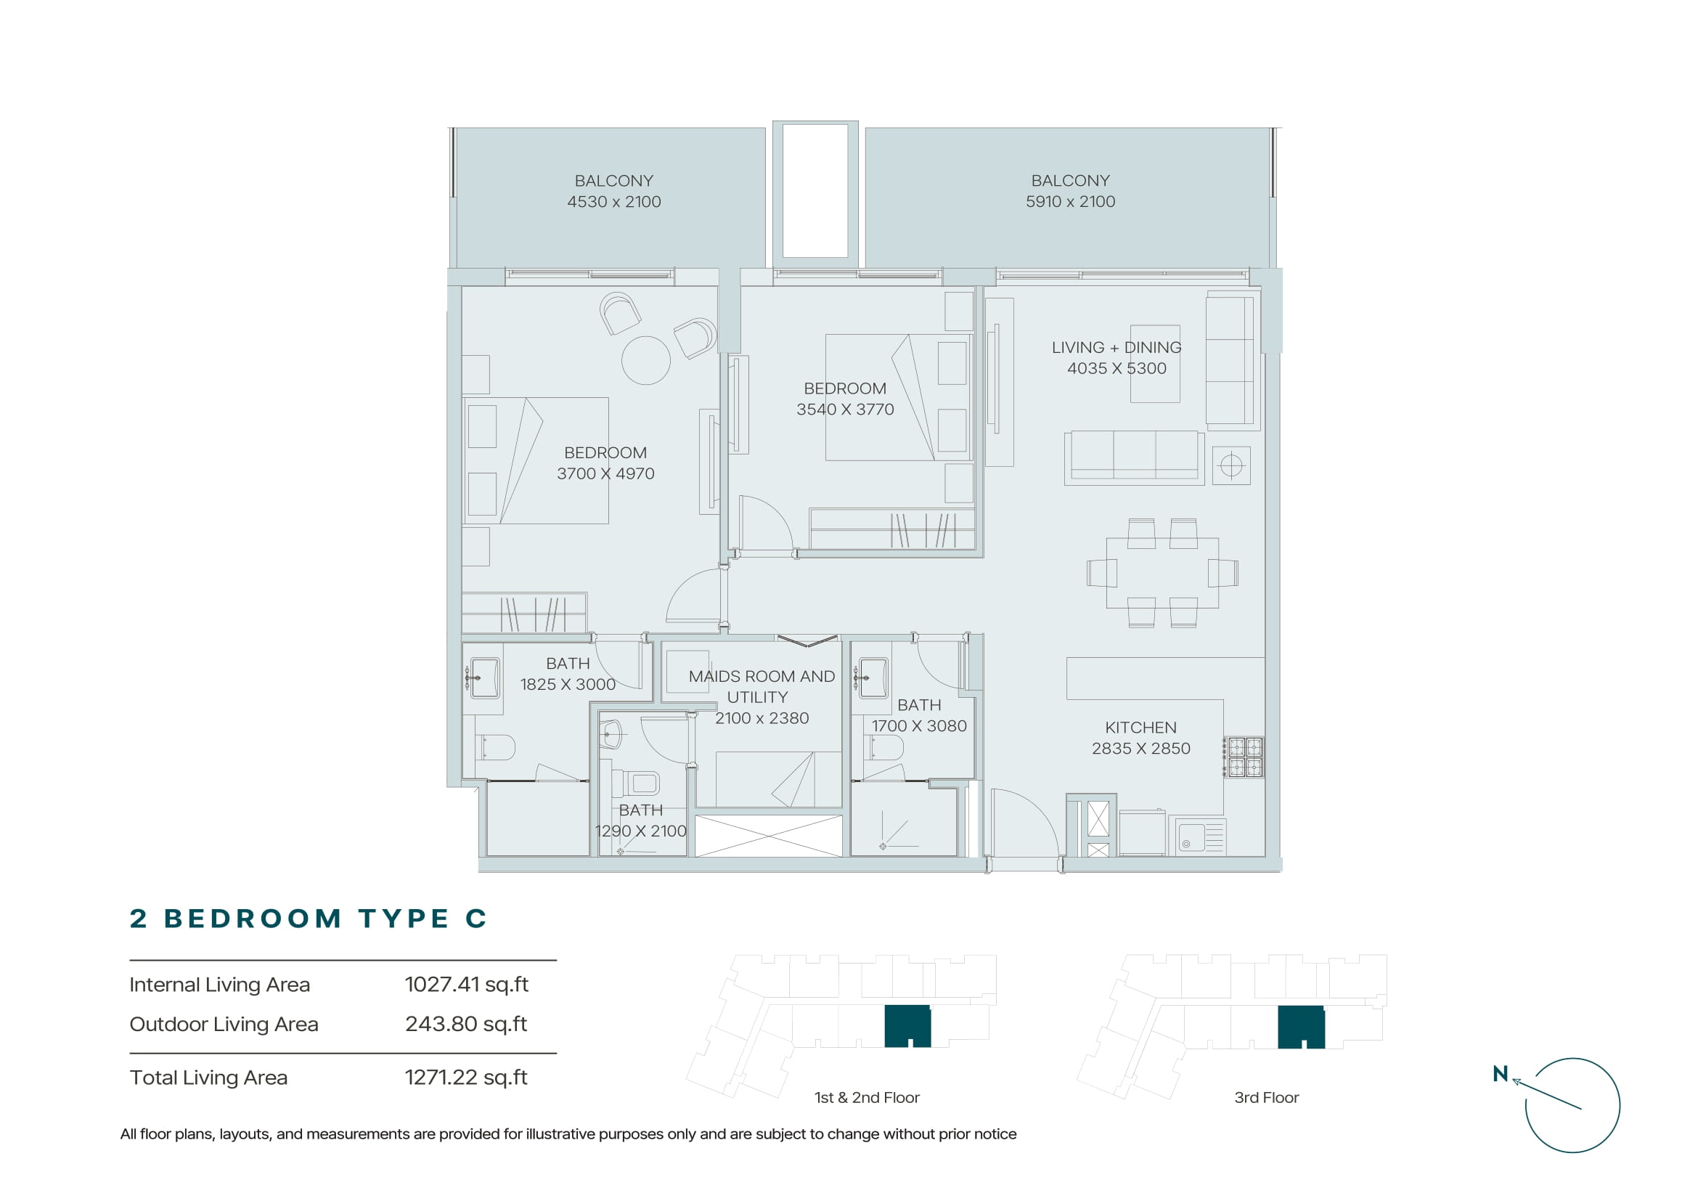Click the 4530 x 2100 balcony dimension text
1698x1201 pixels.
coord(614,201)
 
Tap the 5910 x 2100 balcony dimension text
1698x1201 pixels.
coord(1070,201)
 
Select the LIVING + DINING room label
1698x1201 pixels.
coord(1117,347)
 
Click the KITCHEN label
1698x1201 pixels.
coord(1140,728)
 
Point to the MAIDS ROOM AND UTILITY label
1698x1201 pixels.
coord(761,686)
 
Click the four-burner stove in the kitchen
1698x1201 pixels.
coord(1244,757)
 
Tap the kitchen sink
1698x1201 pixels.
coord(1201,836)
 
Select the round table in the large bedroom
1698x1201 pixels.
coord(645,360)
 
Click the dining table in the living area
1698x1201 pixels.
coord(1162,573)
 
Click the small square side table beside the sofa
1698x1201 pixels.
coord(1231,465)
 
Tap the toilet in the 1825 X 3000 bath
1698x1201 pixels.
coord(495,748)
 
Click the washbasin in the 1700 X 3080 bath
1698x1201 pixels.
coord(873,677)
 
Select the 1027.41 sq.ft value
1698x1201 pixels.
coord(467,985)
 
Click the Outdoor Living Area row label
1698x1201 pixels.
coord(224,1025)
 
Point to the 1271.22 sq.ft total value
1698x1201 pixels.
coord(466,1078)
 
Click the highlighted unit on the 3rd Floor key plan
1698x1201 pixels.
coord(1301,1027)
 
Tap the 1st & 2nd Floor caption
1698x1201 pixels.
coord(867,1097)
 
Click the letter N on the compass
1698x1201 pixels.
coord(1500,1074)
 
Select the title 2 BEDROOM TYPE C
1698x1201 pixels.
coord(309,919)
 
